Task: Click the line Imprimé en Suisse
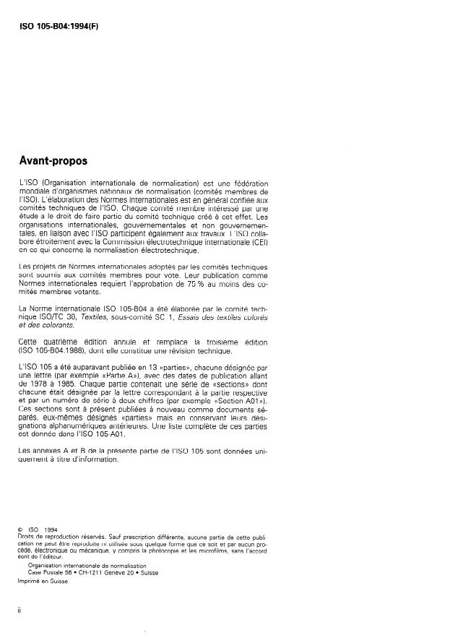click(x=41, y=582)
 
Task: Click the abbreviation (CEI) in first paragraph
click(x=257, y=241)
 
